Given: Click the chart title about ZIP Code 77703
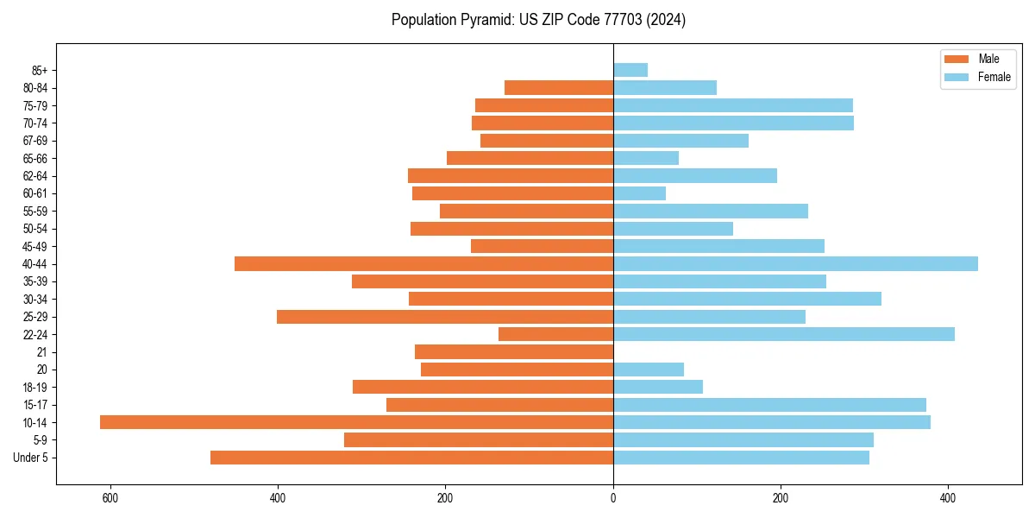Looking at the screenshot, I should coord(538,20).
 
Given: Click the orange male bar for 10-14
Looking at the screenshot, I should coord(356,422).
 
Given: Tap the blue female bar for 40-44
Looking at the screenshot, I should coord(795,264).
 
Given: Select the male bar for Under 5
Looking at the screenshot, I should coord(411,458).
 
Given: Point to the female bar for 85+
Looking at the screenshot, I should coord(630,70).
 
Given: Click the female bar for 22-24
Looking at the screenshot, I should coord(784,334).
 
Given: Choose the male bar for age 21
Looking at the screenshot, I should coord(514,352).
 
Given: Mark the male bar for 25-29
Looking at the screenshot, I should coord(445,317).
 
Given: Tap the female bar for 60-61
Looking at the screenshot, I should coord(639,193).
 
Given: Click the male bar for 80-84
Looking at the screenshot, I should coord(559,87).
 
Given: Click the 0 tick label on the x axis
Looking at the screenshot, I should coord(613,498).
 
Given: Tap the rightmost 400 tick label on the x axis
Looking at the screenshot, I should coord(948,498).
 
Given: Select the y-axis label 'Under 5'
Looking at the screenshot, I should coord(30,458).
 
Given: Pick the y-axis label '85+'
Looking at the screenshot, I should coord(39,70).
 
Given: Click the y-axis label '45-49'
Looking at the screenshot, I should coord(35,246).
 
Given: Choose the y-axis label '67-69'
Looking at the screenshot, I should coord(35,141).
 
